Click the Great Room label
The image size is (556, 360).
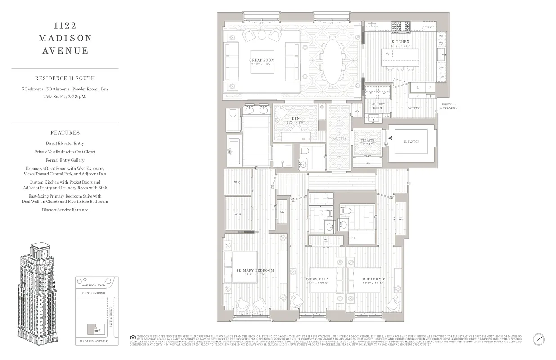tap(262, 60)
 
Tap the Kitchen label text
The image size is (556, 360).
tap(400, 42)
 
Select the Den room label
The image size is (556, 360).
tap(296, 119)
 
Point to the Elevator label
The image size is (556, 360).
tap(411, 142)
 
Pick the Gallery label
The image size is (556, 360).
tap(339, 139)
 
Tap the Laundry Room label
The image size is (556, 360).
tap(377, 106)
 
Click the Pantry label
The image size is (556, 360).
tap(413, 108)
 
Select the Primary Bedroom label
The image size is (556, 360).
tap(255, 270)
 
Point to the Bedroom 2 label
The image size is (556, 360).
tap(318, 279)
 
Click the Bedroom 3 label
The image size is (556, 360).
tap(374, 279)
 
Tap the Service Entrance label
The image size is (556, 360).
tap(449, 106)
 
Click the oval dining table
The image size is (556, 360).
tap(332, 60)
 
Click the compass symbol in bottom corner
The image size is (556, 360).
tap(538, 339)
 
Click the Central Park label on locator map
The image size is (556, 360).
tap(92, 285)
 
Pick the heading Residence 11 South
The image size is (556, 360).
tap(65, 78)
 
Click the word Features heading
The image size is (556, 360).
tap(65, 133)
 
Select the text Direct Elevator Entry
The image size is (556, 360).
tap(65, 144)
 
